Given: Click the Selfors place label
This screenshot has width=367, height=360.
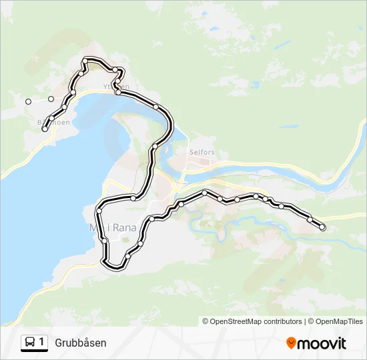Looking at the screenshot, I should pos(202,152).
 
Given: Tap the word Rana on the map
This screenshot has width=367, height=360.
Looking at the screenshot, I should pos(125,227).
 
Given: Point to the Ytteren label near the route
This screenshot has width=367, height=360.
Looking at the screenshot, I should pos(116,87).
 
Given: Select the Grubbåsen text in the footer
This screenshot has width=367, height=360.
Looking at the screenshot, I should pos(81,343).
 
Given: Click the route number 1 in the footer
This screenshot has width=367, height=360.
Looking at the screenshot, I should pos(42,342).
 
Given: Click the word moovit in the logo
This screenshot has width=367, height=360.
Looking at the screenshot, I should pos(322,343).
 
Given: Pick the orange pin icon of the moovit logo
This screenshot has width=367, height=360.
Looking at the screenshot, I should pos(291,343).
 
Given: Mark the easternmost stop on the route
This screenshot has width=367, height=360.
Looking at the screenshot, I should pos(322,227).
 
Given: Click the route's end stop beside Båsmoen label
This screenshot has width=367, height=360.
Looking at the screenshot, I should pos(45,129).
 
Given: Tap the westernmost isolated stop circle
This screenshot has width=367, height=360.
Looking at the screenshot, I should pos(28,101).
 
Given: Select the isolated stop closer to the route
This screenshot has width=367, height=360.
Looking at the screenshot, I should pos(51,99).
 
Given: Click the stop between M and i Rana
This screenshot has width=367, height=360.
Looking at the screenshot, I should pos(104,239).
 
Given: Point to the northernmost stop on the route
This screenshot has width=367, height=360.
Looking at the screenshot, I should pos(85,61).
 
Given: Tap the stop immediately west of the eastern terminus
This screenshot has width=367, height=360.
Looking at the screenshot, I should pos(310,219).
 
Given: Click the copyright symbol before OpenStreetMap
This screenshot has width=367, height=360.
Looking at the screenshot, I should pos(206,321).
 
